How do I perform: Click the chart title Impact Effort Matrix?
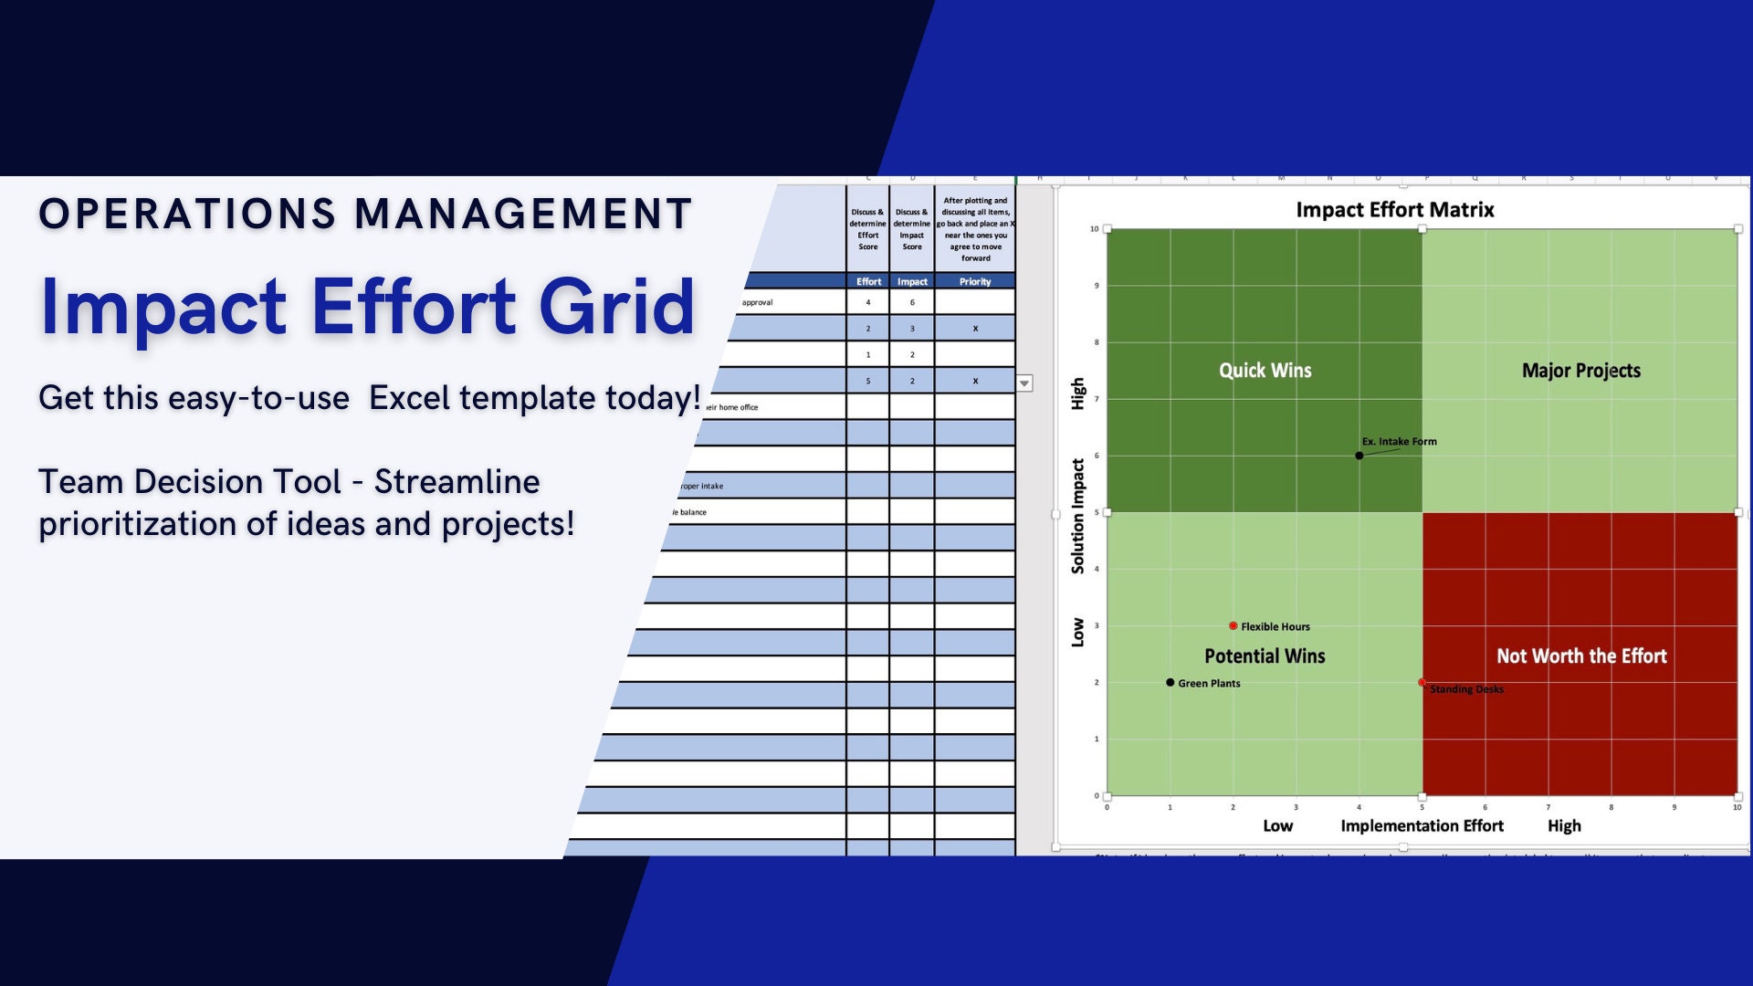point(1394,210)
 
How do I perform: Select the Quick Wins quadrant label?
point(1265,371)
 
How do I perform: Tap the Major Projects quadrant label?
point(1580,371)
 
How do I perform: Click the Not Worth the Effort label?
point(1580,656)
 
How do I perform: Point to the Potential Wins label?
point(1265,656)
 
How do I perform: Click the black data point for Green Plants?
point(1170,683)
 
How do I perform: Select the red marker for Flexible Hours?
point(1233,626)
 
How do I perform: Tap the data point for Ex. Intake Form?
point(1359,456)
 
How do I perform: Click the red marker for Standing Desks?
point(1422,683)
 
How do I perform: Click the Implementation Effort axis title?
point(1422,826)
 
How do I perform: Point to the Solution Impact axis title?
point(1078,517)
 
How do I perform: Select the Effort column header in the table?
point(868,282)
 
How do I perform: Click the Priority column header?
point(974,282)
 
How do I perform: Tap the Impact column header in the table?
point(911,282)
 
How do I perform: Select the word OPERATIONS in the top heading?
point(187,215)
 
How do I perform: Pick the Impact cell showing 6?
point(911,303)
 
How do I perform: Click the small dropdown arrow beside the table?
point(1024,383)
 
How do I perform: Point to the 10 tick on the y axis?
point(1094,229)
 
